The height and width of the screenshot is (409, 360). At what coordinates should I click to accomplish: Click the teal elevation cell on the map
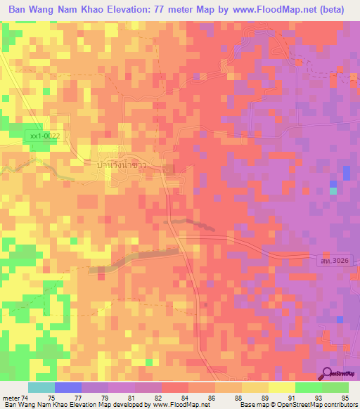[333, 190]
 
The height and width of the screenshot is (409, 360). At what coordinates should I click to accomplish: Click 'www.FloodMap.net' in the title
[270, 11]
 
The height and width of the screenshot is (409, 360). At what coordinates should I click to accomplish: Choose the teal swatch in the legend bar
[41, 387]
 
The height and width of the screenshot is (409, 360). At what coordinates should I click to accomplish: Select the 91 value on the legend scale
[282, 397]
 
